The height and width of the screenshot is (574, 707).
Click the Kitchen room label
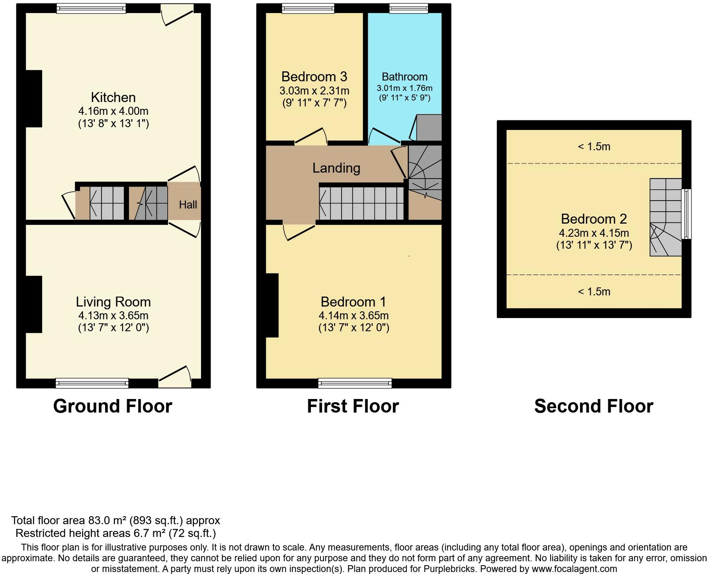pos(113,97)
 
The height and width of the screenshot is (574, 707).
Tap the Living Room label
pos(113,302)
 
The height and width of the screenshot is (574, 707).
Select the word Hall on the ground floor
pos(188,205)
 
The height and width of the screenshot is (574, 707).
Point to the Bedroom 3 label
pos(314,77)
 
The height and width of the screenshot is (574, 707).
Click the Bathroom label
pos(404,77)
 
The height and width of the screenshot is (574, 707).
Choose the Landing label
pos(336,168)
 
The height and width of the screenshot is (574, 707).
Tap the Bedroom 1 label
pos(353,302)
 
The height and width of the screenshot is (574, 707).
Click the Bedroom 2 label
pos(594,219)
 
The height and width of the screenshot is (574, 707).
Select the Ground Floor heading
pos(113,406)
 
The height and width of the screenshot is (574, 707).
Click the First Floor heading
pos(353,406)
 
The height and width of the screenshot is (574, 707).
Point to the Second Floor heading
pos(594,406)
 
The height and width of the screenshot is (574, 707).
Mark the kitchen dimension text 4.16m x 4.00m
pos(113,111)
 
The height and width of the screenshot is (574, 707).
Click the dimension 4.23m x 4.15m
pos(594,233)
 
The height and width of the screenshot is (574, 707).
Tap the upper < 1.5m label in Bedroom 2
pos(594,147)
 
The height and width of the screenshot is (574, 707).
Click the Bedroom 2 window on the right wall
pos(686,214)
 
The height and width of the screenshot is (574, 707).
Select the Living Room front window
pos(92,383)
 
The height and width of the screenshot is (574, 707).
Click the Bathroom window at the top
pos(408,8)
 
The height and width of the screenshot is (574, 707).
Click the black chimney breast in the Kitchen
pos(34,99)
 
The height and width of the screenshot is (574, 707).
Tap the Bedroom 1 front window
pos(355,383)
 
